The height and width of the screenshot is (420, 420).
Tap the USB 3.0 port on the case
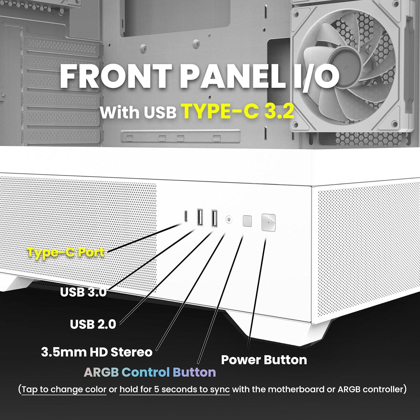200,217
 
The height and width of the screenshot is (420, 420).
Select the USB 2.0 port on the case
214,217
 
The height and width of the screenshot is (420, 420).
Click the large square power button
269,223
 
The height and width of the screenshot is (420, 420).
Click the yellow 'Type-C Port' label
66,252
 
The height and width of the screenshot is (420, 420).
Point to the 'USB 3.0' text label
83,292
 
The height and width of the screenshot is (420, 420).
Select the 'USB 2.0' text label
93,324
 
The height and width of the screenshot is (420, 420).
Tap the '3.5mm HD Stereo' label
97,352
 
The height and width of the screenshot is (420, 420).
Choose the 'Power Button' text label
264,360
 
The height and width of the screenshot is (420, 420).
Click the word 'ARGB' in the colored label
101,372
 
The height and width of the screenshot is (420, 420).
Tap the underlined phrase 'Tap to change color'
64,389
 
